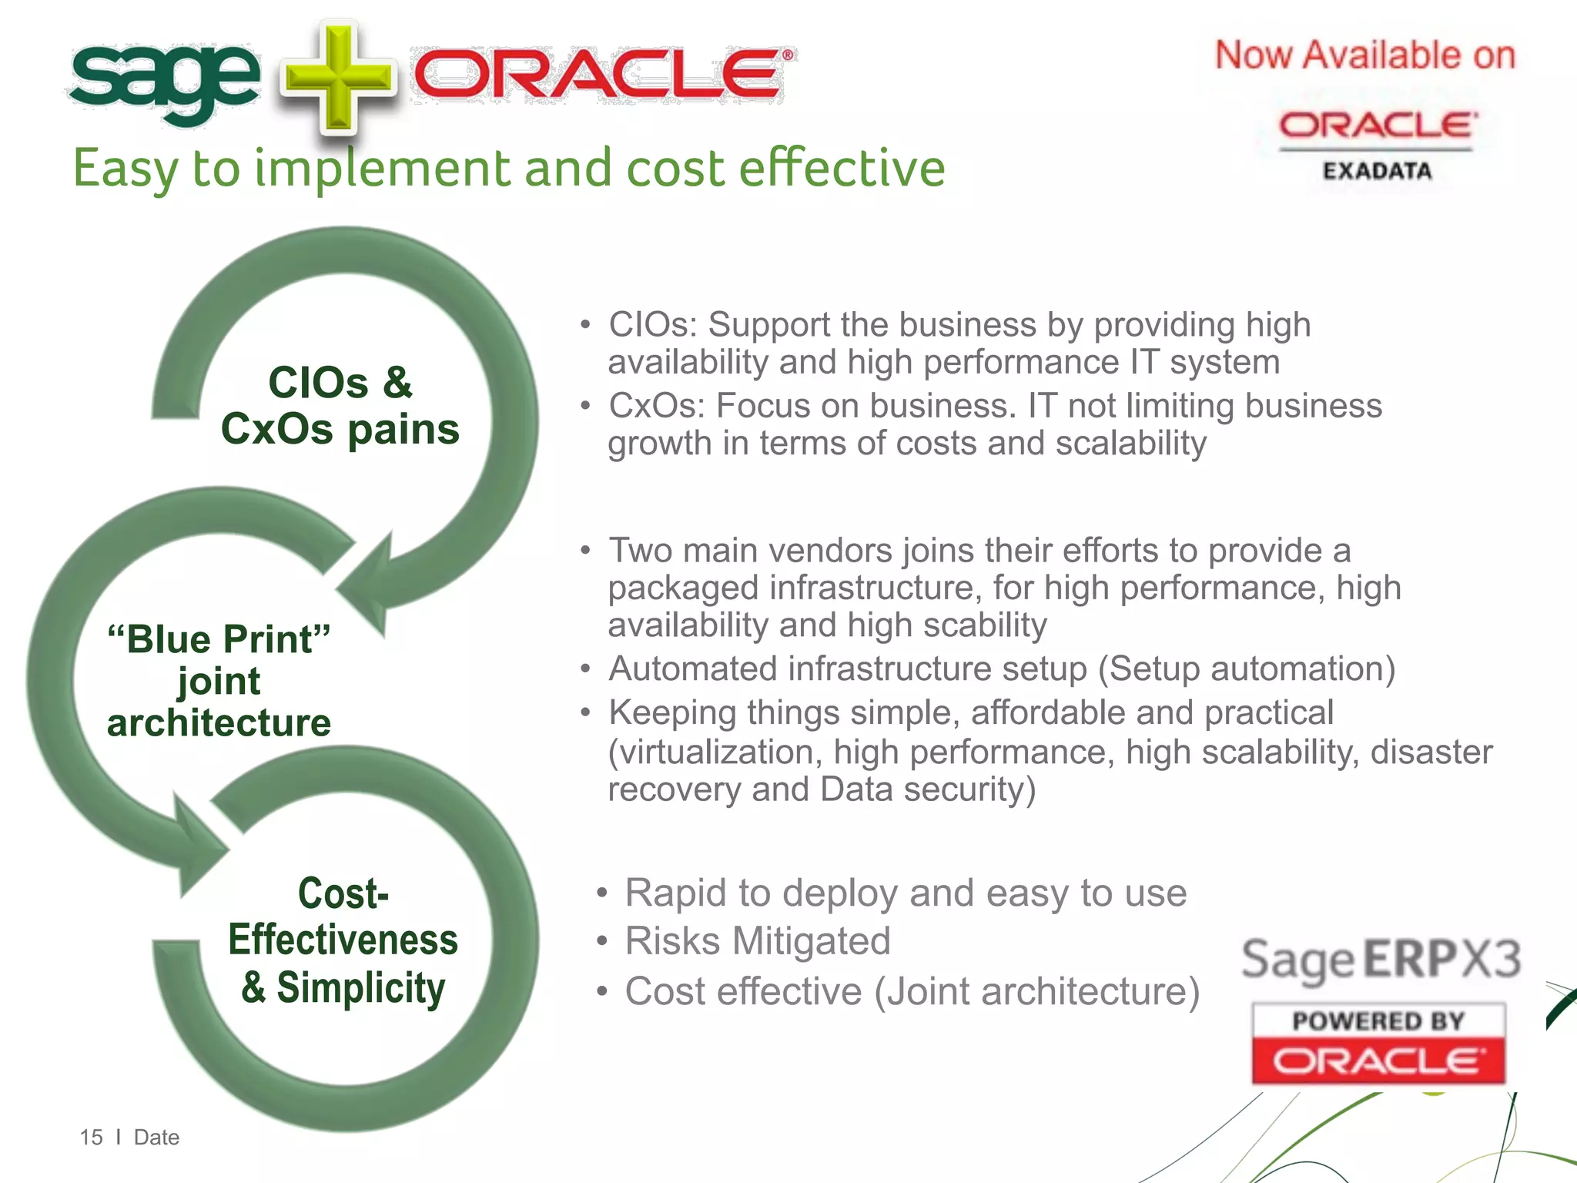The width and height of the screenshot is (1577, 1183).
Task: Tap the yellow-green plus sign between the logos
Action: pos(339,79)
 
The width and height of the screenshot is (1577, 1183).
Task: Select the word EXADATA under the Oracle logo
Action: pos(1377,171)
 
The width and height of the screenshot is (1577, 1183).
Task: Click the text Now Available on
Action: pos(1364,56)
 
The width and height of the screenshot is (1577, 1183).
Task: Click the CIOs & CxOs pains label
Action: pos(340,406)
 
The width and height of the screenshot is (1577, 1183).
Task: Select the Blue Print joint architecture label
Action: pos(219,681)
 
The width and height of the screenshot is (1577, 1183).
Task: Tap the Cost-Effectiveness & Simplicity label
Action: pos(343,940)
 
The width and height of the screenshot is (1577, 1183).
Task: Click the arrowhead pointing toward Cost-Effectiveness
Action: pos(196,847)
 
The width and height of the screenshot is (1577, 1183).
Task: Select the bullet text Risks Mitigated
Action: pos(757,941)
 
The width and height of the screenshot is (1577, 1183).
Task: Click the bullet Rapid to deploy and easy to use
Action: pos(905,893)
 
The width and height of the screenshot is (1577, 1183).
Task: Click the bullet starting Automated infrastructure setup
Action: pos(1001,669)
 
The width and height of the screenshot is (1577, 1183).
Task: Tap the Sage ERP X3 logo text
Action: pos(1381,960)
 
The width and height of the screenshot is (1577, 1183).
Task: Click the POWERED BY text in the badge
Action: pos(1378,1021)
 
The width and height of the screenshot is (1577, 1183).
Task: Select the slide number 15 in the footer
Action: pos(91,1138)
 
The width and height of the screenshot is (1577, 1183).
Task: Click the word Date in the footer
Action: pos(156,1138)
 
